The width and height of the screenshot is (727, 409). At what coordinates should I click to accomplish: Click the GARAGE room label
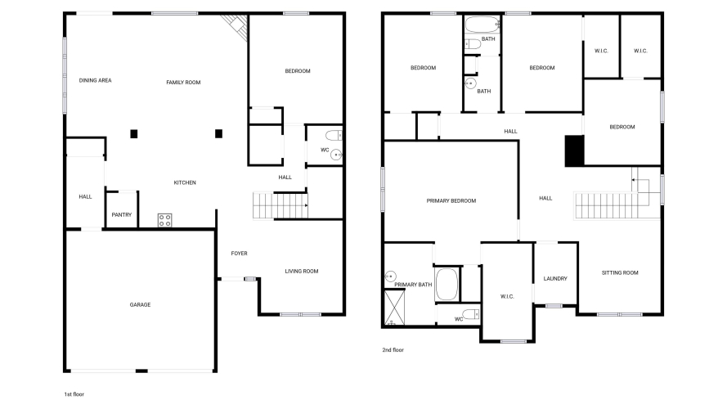(x=140, y=304)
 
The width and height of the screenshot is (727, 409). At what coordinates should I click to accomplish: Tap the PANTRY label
(x=122, y=214)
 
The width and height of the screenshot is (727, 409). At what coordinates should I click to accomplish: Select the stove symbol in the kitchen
(x=164, y=220)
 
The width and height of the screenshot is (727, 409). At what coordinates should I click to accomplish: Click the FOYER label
(x=240, y=254)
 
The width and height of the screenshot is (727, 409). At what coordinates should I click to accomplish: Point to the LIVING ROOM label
(x=302, y=272)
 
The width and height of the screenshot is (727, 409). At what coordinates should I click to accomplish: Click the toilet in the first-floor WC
(x=334, y=136)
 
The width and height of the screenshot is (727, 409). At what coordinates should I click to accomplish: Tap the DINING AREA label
(x=95, y=80)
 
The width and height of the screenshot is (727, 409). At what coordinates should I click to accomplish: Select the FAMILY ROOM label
(x=184, y=83)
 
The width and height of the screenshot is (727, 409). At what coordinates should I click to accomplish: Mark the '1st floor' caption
(x=74, y=394)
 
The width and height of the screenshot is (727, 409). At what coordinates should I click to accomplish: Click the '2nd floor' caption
(x=393, y=350)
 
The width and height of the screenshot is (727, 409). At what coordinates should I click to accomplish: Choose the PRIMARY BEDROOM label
(x=451, y=200)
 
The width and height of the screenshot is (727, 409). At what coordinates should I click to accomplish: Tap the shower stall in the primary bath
(x=394, y=308)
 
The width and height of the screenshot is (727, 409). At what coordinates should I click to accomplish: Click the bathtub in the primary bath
(x=447, y=285)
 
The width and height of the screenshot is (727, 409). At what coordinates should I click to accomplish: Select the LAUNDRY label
(x=555, y=279)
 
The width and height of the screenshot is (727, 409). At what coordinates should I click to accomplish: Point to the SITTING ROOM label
(x=620, y=272)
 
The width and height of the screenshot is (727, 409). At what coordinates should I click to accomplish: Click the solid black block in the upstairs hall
(x=574, y=151)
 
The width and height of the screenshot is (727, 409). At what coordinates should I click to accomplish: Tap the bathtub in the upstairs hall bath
(x=482, y=24)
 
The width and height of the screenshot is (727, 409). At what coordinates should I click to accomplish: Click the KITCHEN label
(x=185, y=182)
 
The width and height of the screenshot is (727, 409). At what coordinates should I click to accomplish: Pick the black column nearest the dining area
(x=134, y=134)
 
